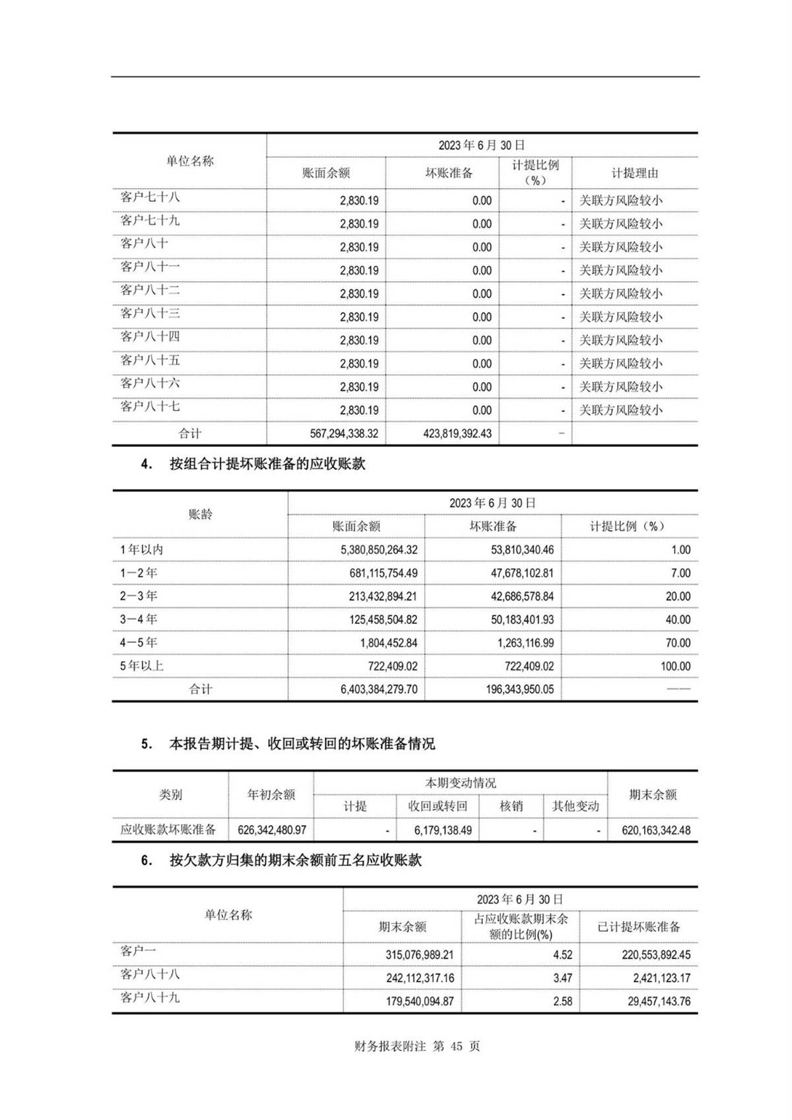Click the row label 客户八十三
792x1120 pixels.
coord(150,313)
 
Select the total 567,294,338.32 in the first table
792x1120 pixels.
coord(344,434)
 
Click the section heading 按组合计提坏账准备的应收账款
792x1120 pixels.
coord(267,464)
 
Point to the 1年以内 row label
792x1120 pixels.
coord(141,550)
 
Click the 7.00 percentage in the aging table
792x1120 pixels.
coord(680,573)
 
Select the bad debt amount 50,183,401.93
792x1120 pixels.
coord(522,620)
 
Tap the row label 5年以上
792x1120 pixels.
coord(141,666)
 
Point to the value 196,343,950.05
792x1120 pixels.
coord(522,690)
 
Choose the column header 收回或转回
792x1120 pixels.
coord(438,806)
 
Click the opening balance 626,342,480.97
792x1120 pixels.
coord(272,830)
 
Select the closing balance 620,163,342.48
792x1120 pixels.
coord(656,830)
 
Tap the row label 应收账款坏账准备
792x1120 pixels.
coord(168,830)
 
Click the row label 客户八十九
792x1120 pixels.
coord(150,998)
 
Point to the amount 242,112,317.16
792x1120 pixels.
coord(420,978)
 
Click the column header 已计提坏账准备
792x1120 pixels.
coord(638,927)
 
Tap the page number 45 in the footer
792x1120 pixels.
coord(456,1047)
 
